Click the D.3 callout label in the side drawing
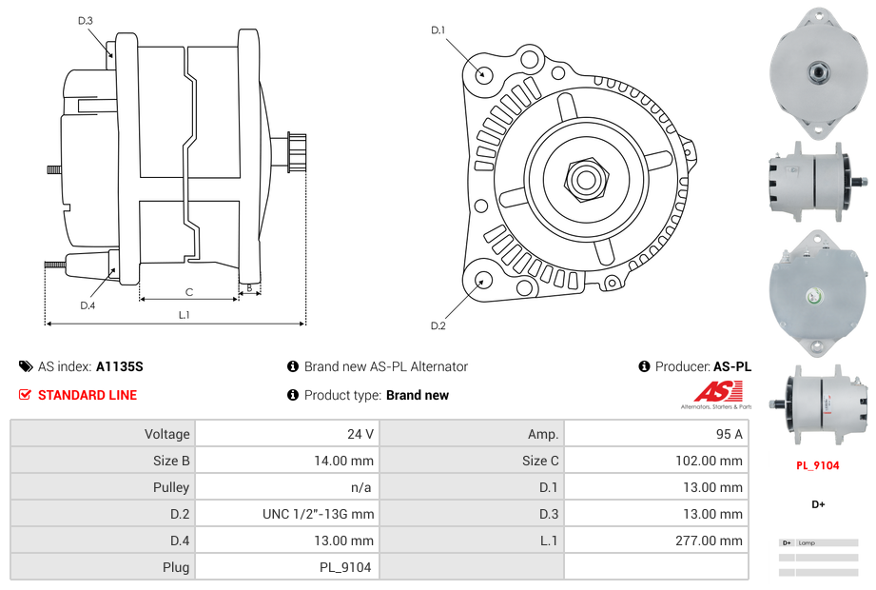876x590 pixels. pos(85,20)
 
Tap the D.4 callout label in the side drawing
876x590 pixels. pos(88,305)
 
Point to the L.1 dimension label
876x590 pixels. pos(185,315)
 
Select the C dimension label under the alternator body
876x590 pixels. pos(189,292)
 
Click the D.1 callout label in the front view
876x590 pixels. pos(438,30)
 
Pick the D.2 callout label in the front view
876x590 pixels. pos(438,326)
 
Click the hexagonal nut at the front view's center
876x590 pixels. pos(585,178)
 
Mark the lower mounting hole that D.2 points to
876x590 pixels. pos(483,280)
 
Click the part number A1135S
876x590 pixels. pos(119,366)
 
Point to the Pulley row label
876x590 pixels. pos(171,487)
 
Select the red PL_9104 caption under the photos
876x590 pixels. pos(817,465)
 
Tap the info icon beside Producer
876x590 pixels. pos(644,366)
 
